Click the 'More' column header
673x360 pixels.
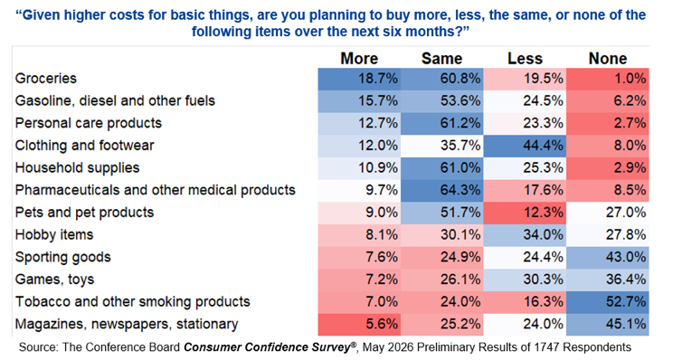pyautogui.click(x=359, y=59)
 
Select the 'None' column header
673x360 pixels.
pyautogui.click(x=608, y=59)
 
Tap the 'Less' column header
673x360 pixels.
pyautogui.click(x=525, y=59)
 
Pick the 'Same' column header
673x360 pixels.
pyautogui.click(x=441, y=59)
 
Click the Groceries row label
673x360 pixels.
pyautogui.click(x=46, y=78)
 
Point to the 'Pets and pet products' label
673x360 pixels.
pyautogui.click(x=84, y=212)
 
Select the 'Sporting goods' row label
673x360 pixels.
pyautogui.click(x=63, y=257)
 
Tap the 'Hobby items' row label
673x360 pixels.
pyautogui.click(x=54, y=234)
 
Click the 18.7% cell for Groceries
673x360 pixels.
pyautogui.click(x=359, y=79)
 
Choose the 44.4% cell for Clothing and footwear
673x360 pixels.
pyautogui.click(x=525, y=146)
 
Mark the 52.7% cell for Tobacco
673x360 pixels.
pyautogui.click(x=608, y=302)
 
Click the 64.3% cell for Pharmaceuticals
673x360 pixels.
pyautogui.click(x=442, y=191)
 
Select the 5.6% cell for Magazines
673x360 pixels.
pyautogui.click(x=359, y=325)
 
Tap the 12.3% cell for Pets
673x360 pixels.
pyautogui.click(x=525, y=213)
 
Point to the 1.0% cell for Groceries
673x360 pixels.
pyautogui.click(x=608, y=79)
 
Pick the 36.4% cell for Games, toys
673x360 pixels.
pyautogui.click(x=608, y=279)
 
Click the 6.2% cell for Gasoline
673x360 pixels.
pyautogui.click(x=608, y=101)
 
